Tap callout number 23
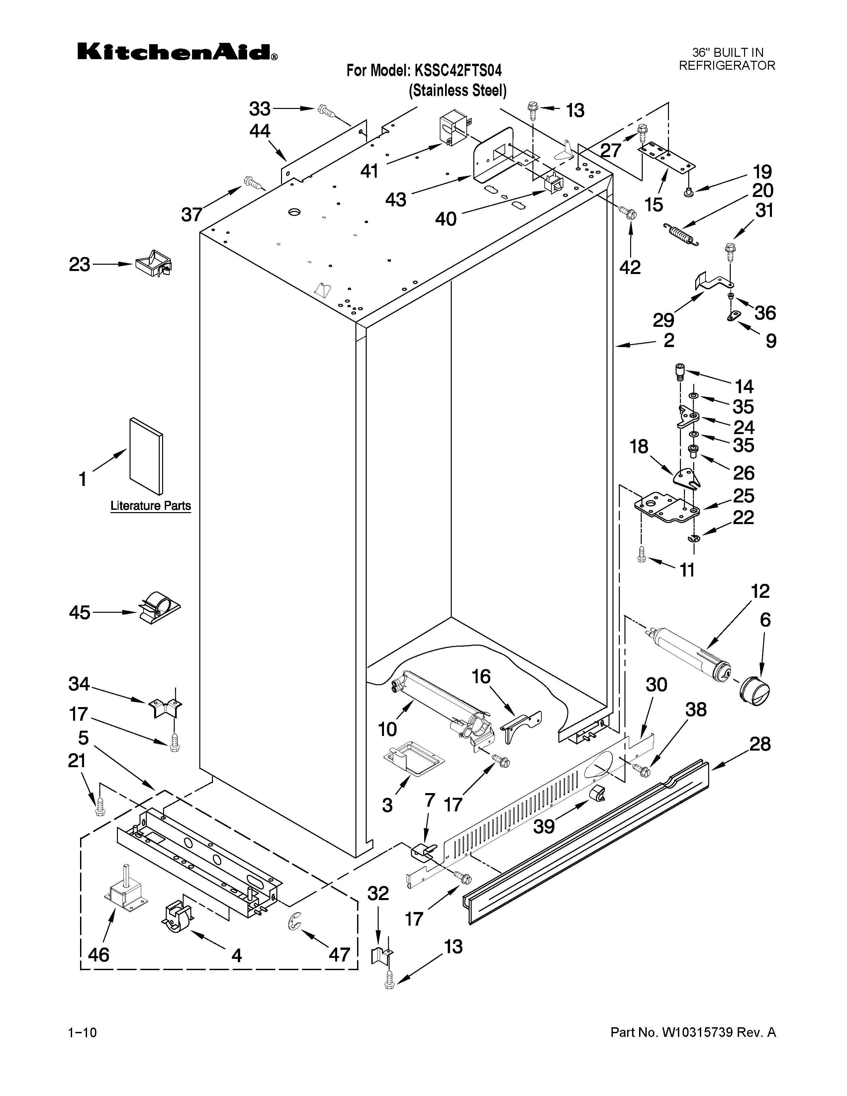click(x=79, y=264)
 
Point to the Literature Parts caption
click(x=150, y=505)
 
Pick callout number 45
click(x=79, y=613)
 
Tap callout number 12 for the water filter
click(x=761, y=591)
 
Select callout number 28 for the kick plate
click(x=760, y=744)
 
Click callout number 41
click(x=369, y=172)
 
